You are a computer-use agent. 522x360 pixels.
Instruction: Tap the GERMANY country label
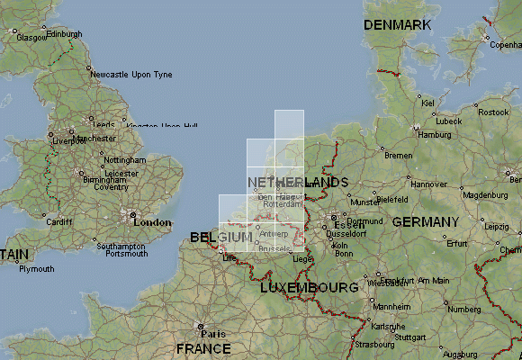coord(425,221)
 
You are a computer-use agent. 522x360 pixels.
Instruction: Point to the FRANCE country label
coord(203,348)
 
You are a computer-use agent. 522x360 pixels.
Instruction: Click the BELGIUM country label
coord(221,237)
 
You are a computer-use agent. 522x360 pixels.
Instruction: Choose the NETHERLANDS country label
coord(296,183)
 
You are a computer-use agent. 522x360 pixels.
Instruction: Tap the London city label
coord(152,222)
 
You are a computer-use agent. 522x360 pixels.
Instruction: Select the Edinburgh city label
coord(63,34)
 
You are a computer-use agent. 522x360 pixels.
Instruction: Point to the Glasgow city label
coord(31,39)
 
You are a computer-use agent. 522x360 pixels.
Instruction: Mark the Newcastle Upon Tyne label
coord(131,75)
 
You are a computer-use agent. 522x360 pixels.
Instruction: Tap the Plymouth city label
coord(36,269)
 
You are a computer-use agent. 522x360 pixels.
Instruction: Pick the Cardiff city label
coord(58,221)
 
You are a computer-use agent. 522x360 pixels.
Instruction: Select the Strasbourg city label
coord(374,344)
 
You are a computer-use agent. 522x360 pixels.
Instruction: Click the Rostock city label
coord(492,112)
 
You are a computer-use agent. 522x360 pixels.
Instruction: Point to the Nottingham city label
coord(124,159)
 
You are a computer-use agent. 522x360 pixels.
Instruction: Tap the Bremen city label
coord(397,156)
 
